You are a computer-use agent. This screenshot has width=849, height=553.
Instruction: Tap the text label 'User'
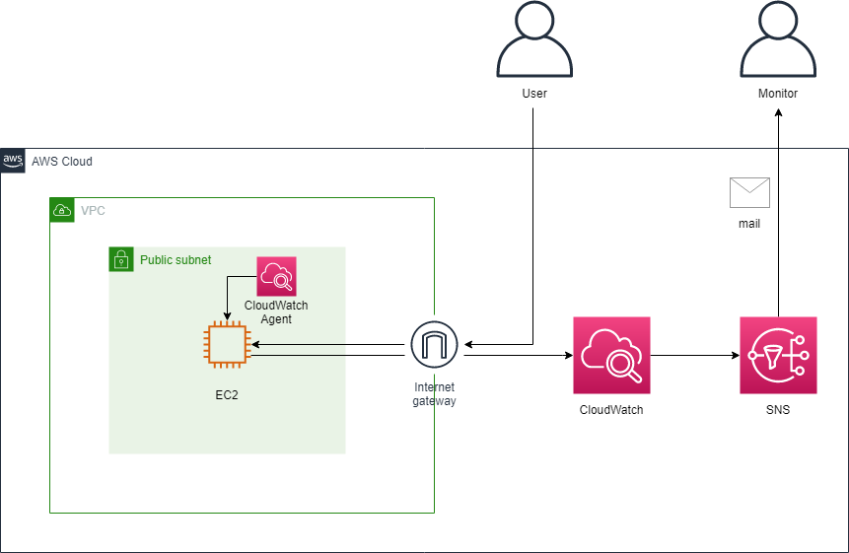[x=533, y=94]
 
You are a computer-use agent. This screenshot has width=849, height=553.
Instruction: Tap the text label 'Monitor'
[x=778, y=94]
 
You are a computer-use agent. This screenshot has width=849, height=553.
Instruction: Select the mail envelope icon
[x=749, y=192]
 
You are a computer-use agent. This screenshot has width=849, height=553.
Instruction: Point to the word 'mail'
[x=749, y=224]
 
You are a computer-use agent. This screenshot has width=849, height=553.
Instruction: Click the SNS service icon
[x=778, y=355]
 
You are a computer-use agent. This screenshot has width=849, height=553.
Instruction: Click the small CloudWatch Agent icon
[x=276, y=276]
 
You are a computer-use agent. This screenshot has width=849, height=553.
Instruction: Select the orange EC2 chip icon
[x=226, y=344]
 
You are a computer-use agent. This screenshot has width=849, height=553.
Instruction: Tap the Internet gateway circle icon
[x=435, y=344]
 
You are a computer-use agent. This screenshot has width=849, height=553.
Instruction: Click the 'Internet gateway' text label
[x=435, y=394]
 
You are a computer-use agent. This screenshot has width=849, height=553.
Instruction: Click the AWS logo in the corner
[x=13, y=161]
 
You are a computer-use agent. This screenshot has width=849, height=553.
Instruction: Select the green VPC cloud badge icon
[x=62, y=210]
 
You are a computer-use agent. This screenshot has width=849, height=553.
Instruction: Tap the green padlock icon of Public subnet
[x=120, y=259]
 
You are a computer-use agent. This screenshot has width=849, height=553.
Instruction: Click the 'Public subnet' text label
[x=176, y=260]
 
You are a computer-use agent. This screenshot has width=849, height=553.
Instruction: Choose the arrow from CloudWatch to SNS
[x=695, y=355]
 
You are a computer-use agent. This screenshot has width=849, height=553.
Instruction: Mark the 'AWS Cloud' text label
[x=61, y=161]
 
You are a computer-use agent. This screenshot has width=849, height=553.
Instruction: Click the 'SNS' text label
[x=778, y=409]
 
